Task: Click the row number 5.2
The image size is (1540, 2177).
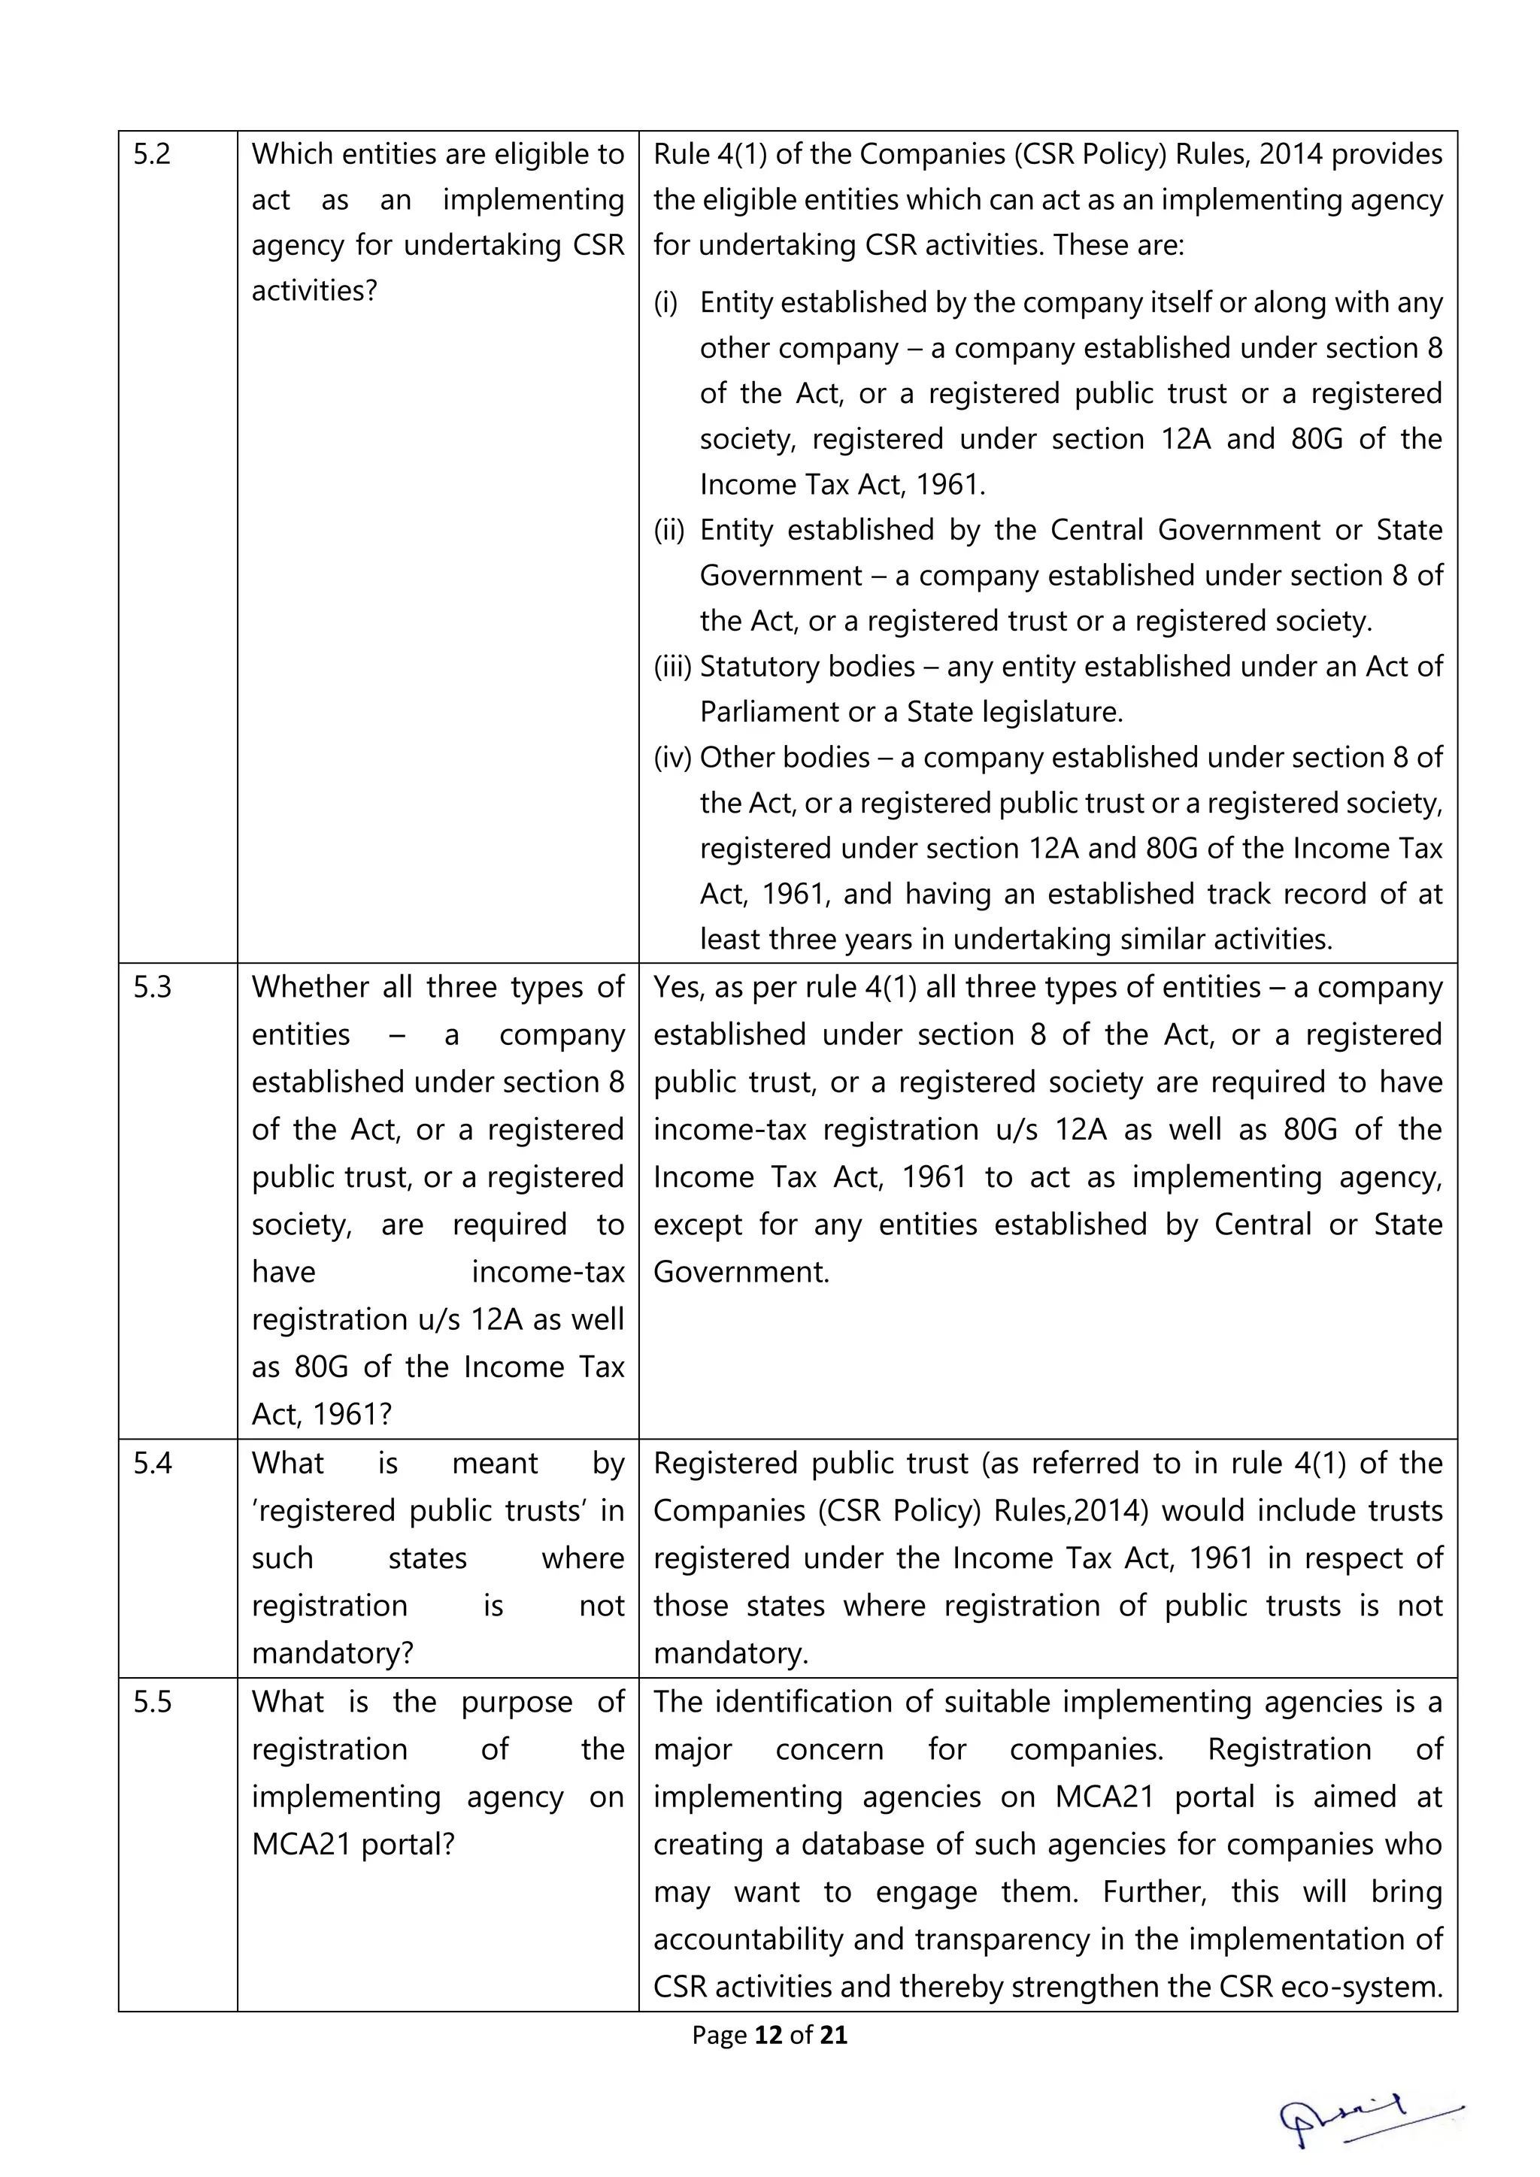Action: click(x=152, y=155)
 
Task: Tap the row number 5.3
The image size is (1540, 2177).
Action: click(x=152, y=988)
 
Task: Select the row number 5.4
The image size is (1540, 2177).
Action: click(x=152, y=1464)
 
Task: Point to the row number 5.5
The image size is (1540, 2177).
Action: click(x=152, y=1702)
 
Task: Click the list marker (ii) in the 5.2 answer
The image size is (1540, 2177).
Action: click(x=668, y=530)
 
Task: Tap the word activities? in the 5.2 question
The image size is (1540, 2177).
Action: click(x=314, y=291)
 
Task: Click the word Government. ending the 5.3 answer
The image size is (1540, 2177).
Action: click(x=741, y=1273)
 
